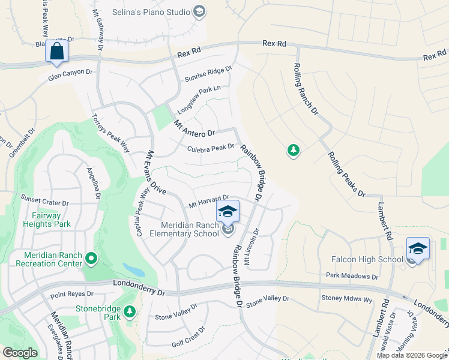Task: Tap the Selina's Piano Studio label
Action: pos(151,11)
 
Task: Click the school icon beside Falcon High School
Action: pos(418,248)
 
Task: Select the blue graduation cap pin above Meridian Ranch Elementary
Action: pos(228,211)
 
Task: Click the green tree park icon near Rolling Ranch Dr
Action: pos(293,150)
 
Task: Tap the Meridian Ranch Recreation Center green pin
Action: pos(91,259)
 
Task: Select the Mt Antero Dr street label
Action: pos(194,128)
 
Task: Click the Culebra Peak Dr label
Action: pos(210,148)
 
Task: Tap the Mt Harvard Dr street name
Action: pos(209,200)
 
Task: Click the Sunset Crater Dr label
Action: pos(45,198)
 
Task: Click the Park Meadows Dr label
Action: pos(352,277)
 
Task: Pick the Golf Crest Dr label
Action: pos(188,337)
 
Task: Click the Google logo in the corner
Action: pos(20,353)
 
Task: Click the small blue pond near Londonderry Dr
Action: pos(133,269)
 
